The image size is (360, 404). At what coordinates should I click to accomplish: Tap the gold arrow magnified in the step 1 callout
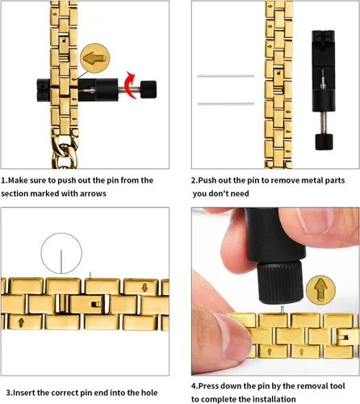(x=94, y=58)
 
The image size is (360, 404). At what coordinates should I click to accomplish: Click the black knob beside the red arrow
(x=149, y=89)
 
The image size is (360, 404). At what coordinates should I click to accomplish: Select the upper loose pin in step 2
(x=226, y=76)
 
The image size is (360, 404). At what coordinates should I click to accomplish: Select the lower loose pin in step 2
(x=226, y=103)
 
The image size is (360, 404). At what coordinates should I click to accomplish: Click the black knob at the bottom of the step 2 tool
(x=324, y=141)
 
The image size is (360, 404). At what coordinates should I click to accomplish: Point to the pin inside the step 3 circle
(x=61, y=262)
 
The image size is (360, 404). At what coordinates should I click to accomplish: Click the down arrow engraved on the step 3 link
(x=144, y=288)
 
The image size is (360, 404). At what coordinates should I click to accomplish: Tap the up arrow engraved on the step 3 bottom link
(x=21, y=322)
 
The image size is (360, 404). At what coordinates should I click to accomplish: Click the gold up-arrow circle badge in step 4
(x=320, y=290)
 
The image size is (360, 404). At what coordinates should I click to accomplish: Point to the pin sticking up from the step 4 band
(x=283, y=309)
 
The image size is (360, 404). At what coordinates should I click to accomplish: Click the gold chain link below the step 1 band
(x=65, y=156)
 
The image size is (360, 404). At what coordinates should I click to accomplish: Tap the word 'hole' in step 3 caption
(x=149, y=393)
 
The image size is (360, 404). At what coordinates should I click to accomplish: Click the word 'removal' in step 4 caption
(x=314, y=386)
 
